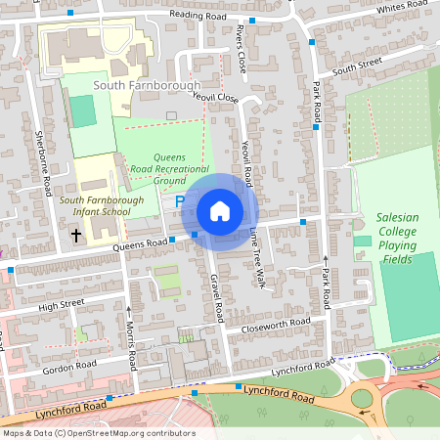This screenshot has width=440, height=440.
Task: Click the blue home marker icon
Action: (x=220, y=211)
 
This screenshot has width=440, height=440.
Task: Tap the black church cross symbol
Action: (x=76, y=235)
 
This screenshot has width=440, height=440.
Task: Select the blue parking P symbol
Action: (x=180, y=200)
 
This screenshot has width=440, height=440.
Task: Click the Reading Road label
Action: (x=200, y=16)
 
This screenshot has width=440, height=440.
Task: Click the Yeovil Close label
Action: (x=216, y=98)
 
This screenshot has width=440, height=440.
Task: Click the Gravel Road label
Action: (x=217, y=296)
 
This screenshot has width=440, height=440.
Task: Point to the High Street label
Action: (x=62, y=306)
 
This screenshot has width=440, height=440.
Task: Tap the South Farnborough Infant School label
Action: (x=94, y=205)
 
